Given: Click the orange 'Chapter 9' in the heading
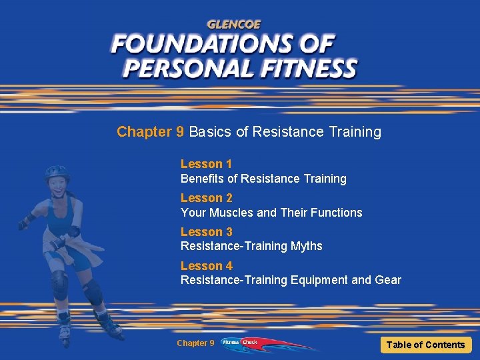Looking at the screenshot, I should click(x=151, y=132).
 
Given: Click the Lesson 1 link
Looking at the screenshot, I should click(x=206, y=164).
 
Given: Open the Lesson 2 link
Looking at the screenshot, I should click(x=206, y=198).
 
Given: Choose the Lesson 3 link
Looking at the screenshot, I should click(x=206, y=232).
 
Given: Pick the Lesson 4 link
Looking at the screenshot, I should click(x=206, y=266).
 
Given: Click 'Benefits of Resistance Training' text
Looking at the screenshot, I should click(x=263, y=179).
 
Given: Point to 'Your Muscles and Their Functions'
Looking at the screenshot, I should click(x=271, y=213).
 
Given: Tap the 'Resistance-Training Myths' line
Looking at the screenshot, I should click(x=251, y=247).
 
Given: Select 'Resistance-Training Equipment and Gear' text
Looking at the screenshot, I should click(x=291, y=280).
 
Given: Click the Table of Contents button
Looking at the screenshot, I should click(x=425, y=345).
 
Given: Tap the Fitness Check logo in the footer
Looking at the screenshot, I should click(x=240, y=343).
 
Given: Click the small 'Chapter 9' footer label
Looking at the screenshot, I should click(x=195, y=343).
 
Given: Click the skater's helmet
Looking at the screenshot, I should click(x=57, y=173).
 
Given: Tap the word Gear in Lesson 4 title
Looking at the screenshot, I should click(x=387, y=280).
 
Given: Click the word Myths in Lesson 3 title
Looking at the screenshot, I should click(x=306, y=247).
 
